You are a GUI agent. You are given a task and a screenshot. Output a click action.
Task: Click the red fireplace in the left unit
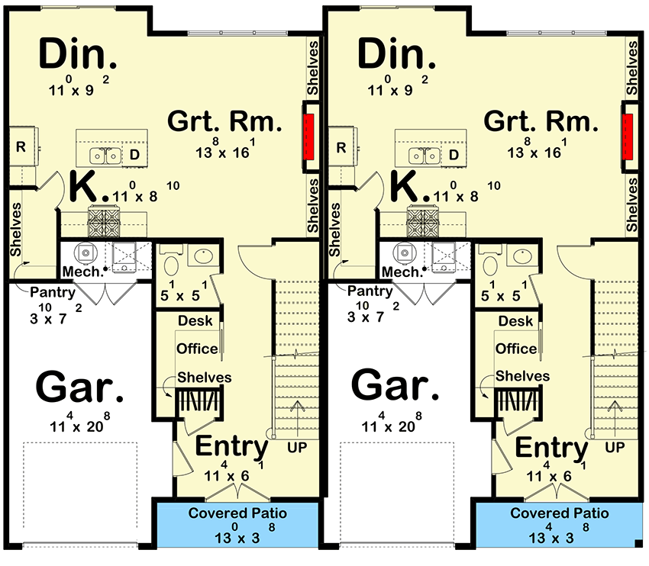tap(309, 137)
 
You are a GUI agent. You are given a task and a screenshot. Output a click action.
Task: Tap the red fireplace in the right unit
tap(628, 137)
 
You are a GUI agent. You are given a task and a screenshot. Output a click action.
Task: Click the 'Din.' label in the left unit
tap(78, 53)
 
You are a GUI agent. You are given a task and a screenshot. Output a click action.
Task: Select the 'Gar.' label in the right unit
tap(395, 385)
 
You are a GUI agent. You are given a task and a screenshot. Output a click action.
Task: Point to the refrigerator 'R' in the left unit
tap(21, 146)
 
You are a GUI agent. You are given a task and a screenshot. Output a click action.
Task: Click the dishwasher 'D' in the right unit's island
tap(454, 155)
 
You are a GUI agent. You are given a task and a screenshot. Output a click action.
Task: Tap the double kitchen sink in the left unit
tap(105, 156)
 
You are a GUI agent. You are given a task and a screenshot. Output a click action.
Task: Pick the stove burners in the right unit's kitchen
tap(422, 222)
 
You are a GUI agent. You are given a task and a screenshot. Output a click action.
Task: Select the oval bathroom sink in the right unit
tap(523, 256)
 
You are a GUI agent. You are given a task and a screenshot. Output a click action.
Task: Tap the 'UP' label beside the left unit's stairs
tap(297, 447)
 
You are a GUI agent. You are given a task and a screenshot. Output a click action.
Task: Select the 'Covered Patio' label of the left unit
tap(237, 513)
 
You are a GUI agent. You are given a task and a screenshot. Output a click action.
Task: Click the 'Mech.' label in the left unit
tap(82, 272)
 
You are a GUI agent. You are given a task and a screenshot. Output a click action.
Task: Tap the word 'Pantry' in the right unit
tap(370, 291)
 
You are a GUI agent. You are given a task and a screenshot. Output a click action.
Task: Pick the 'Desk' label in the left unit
tap(195, 320)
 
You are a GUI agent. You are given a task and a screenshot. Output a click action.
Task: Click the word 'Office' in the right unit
tap(516, 349)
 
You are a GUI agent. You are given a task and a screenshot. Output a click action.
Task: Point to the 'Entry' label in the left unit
tap(231, 446)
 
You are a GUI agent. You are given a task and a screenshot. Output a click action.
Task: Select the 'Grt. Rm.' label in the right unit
tap(541, 121)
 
